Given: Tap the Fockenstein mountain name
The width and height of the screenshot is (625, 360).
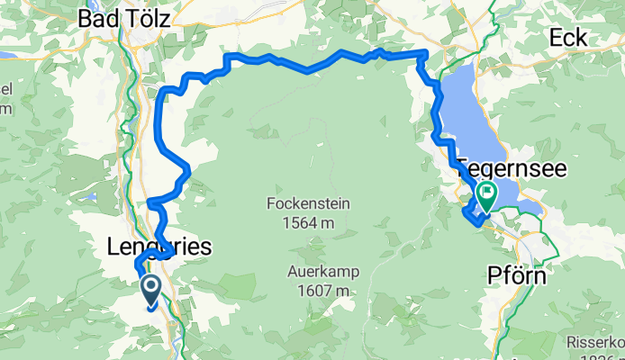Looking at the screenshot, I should point(307,203).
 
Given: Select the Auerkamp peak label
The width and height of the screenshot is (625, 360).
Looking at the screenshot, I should point(319,271).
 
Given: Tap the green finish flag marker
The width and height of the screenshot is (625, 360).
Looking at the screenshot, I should point(486,193).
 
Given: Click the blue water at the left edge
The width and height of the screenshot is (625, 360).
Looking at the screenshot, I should point(5,54).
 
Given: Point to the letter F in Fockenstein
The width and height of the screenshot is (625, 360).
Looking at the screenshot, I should point(271,203).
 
